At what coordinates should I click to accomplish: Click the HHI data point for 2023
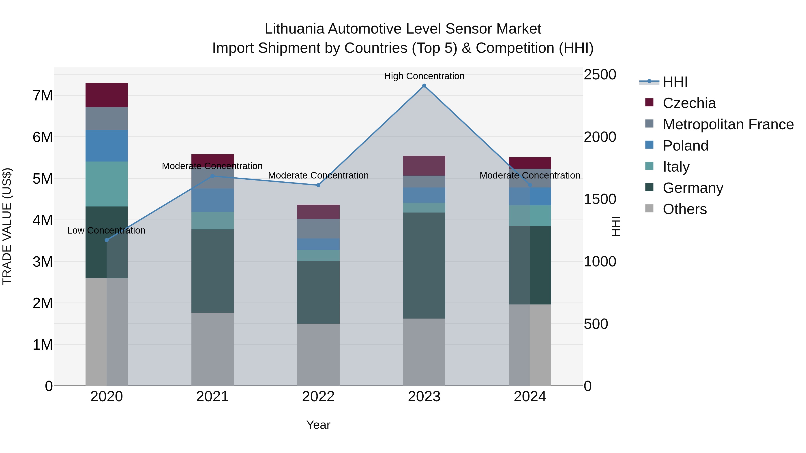coord(424,86)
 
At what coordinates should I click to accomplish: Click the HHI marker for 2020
coord(107,240)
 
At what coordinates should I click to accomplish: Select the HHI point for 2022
coord(318,185)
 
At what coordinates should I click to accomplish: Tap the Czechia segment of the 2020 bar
coord(107,95)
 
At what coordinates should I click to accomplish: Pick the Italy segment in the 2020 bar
coord(107,184)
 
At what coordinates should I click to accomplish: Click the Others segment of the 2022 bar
coord(318,355)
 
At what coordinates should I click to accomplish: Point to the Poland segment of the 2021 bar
coord(212,200)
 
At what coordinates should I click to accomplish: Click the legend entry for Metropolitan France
coord(728,124)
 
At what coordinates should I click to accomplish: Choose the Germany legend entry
coord(693,188)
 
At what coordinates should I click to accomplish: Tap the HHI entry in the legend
coord(675,82)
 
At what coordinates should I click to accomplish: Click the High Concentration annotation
coord(424,76)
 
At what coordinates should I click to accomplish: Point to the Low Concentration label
coord(106,230)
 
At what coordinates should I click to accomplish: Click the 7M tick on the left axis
coord(43,95)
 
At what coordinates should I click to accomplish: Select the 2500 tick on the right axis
coord(600,75)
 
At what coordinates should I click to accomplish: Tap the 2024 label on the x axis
coord(530,397)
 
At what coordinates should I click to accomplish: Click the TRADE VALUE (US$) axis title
coord(7,226)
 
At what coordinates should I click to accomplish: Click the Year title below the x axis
coord(318,425)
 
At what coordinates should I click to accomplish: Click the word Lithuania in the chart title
coord(294,29)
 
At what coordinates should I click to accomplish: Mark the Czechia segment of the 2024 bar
coord(530,163)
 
